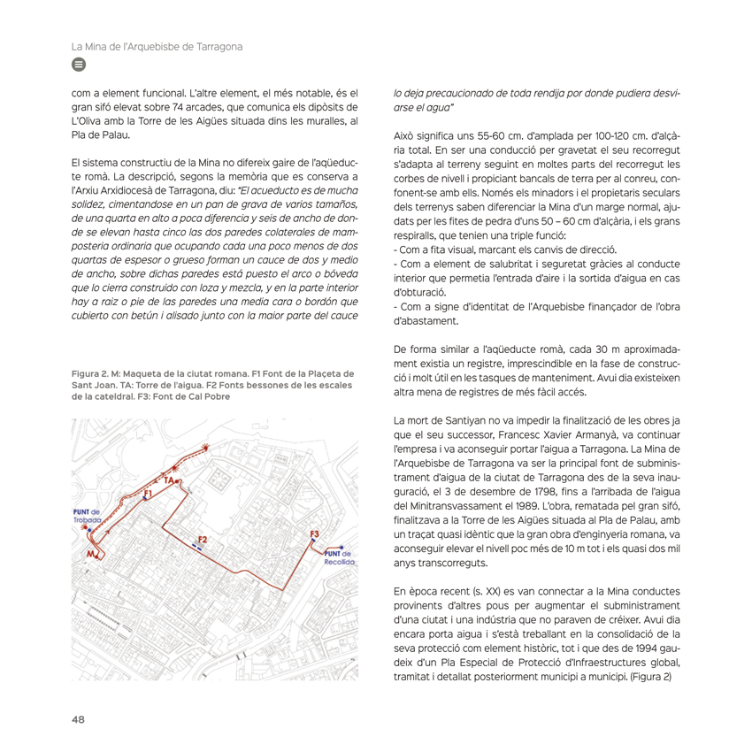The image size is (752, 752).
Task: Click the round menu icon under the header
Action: point(77,65)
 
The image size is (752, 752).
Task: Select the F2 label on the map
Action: point(203,539)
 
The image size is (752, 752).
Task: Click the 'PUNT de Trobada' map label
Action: point(88,517)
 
